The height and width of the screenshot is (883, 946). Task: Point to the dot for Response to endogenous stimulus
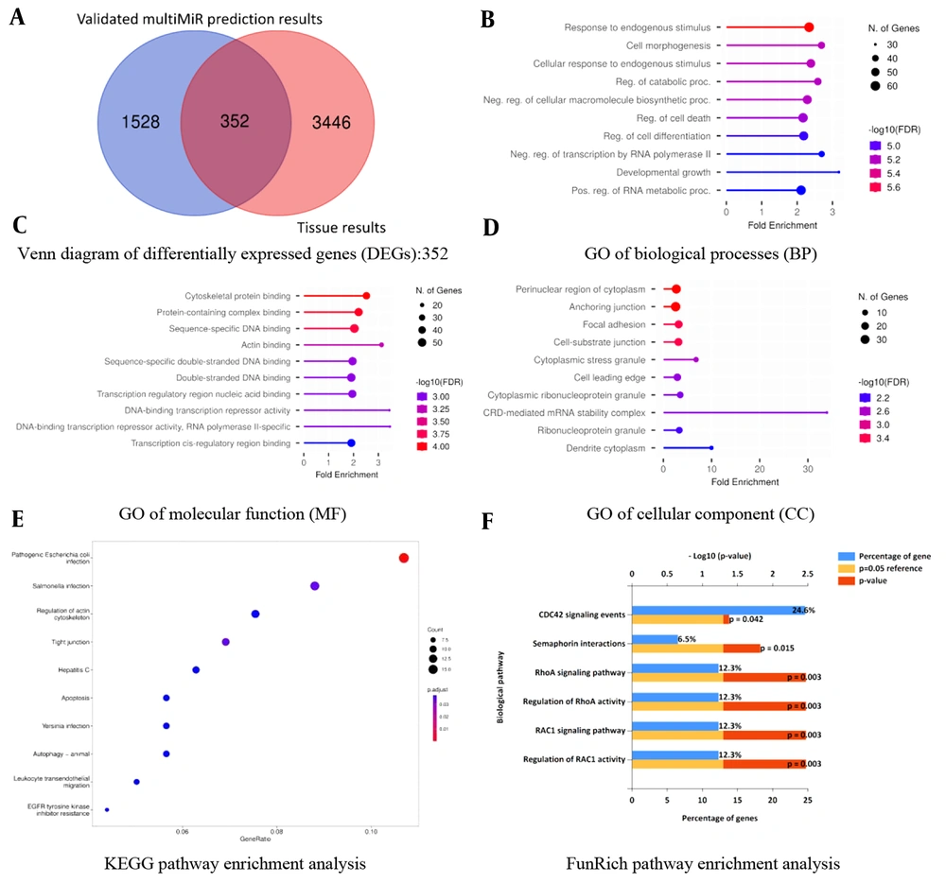pyautogui.click(x=809, y=27)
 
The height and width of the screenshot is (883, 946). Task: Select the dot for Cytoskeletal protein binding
pyautogui.click(x=366, y=296)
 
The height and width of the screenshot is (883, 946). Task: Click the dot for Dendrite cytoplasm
pyautogui.click(x=711, y=447)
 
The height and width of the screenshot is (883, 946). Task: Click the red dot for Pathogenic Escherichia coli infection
pyautogui.click(x=404, y=558)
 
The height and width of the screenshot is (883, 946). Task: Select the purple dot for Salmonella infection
pyautogui.click(x=315, y=586)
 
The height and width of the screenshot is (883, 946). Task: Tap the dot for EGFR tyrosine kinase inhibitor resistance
pyautogui.click(x=107, y=809)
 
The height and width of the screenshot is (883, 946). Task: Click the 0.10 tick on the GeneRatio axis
pyautogui.click(x=372, y=832)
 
